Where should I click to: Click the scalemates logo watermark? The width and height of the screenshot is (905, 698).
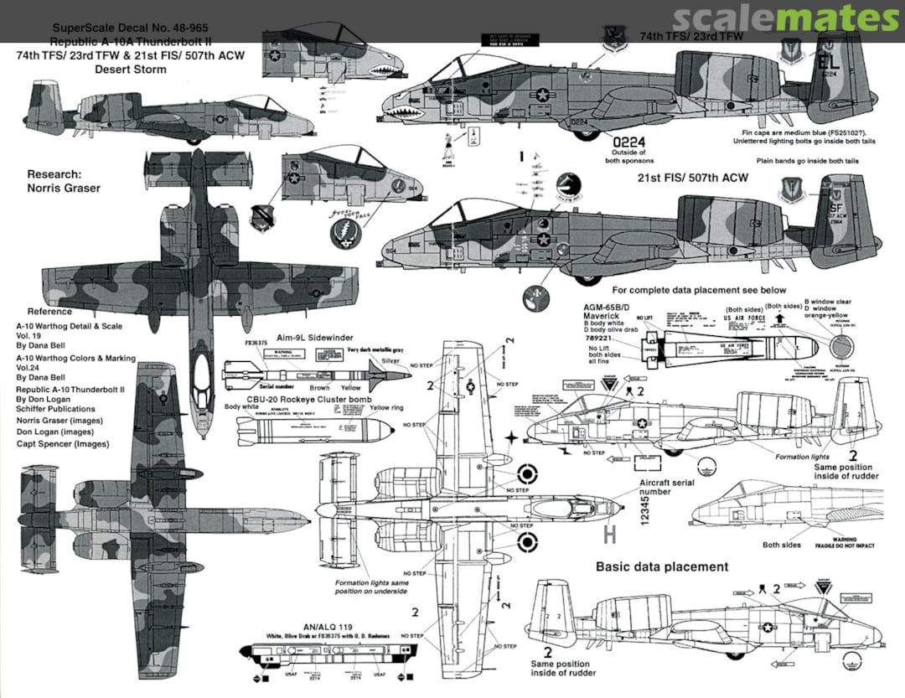[785, 18]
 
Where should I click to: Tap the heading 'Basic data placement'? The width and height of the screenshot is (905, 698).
[662, 566]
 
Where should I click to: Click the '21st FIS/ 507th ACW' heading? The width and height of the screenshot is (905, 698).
[692, 178]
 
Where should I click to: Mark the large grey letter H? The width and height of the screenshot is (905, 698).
[609, 533]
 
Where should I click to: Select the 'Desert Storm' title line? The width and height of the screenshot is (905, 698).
[131, 70]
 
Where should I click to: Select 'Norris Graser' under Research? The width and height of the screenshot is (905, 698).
[64, 188]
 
